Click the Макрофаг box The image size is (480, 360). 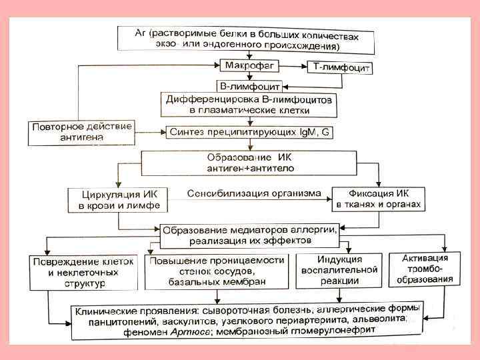(x=248, y=66)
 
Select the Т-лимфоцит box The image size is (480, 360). (x=339, y=68)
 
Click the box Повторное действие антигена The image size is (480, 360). (x=81, y=133)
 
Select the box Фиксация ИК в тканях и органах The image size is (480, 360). (x=377, y=198)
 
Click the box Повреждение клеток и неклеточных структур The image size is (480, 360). (x=81, y=271)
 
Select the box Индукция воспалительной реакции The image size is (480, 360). (x=339, y=270)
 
